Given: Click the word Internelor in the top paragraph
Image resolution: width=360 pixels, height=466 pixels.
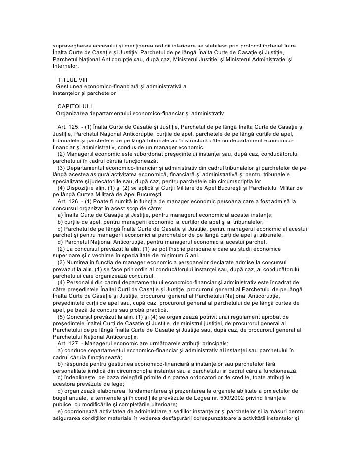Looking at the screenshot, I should [65, 65].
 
